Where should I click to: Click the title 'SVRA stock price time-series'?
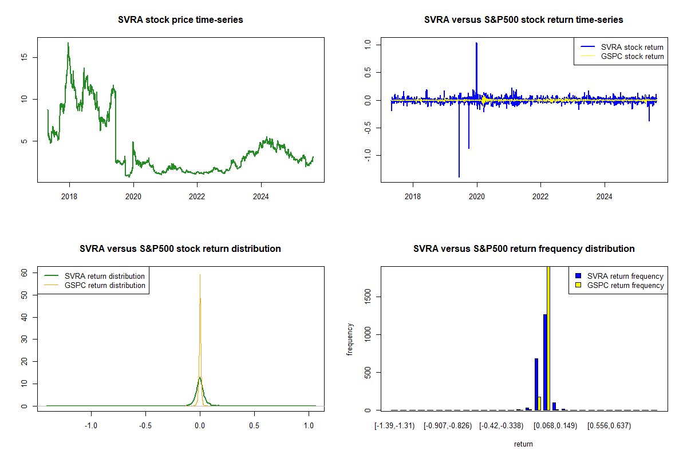click(x=180, y=20)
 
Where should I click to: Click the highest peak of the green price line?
click(x=68, y=43)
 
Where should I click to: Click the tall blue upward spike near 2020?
click(x=476, y=44)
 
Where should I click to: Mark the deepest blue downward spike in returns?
click(x=459, y=176)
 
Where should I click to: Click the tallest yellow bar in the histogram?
click(x=548, y=338)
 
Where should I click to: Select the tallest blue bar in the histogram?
click(x=545, y=362)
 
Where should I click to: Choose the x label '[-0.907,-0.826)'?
click(x=447, y=426)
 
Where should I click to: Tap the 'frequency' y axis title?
click(x=350, y=339)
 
